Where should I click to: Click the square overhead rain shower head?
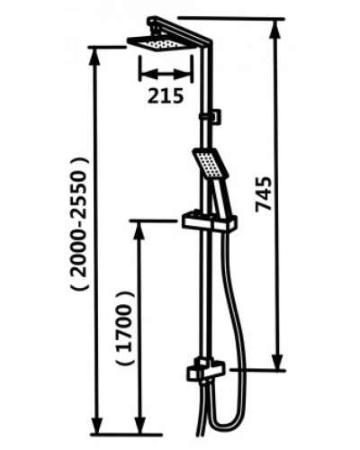coord(160,42)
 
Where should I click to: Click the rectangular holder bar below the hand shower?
coord(209,220)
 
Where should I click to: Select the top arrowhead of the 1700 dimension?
coord(139,226)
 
